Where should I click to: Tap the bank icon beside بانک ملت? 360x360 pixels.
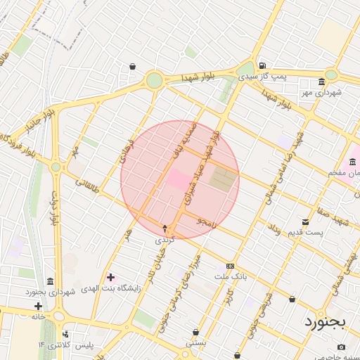point(230,266)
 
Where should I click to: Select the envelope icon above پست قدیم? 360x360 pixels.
point(304,222)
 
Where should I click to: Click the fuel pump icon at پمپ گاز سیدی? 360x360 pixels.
point(262,64)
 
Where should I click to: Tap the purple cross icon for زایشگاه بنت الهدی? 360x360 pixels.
point(110,277)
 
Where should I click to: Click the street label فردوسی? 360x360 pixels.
point(126,147)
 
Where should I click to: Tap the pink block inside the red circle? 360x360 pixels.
point(177,179)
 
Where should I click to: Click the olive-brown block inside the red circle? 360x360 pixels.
point(223,181)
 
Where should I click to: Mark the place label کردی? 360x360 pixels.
point(164,240)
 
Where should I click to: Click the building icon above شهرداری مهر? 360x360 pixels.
point(321,81)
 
